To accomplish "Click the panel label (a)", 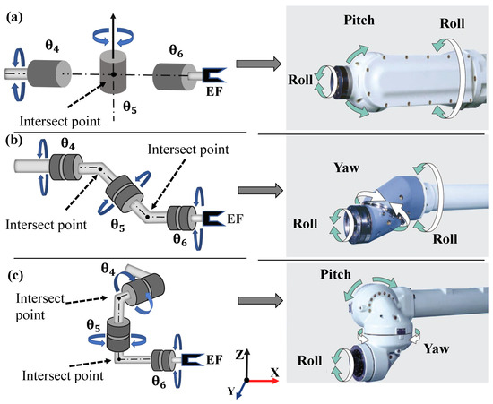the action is (14, 18).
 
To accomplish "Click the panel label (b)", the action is (14, 141).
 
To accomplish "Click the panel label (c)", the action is (14, 276).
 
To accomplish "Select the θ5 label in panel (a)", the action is (130, 107).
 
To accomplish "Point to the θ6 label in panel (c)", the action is (159, 382).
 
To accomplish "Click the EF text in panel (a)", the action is (214, 91).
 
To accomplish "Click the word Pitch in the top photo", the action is (359, 21).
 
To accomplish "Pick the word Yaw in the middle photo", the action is (346, 168).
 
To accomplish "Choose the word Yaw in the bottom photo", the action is (437, 348).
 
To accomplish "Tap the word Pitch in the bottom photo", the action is (335, 275).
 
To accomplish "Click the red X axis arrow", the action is (264, 381).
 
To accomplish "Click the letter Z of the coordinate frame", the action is (239, 355).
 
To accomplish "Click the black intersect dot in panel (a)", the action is (114, 74).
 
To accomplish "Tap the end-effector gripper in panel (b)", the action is (214, 219).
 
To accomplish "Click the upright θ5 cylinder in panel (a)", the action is (113, 72).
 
